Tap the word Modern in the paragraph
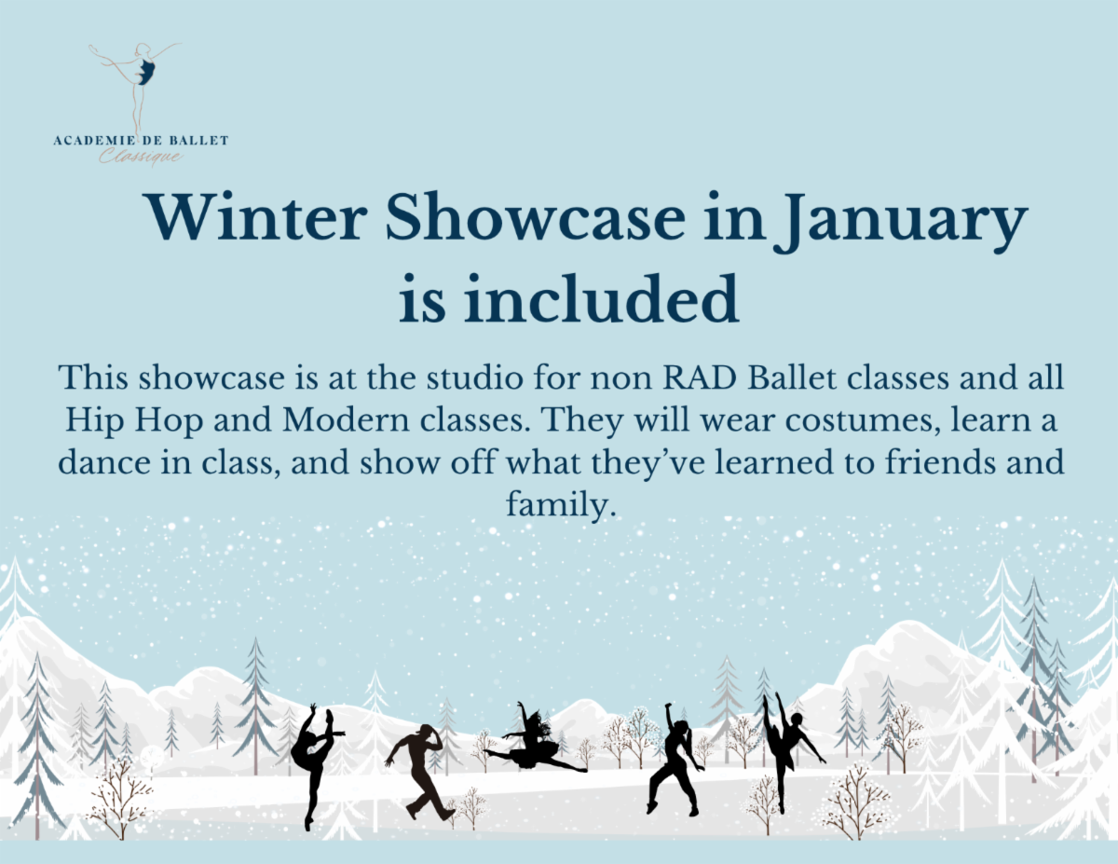tap(346, 420)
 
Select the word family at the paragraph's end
tap(561, 505)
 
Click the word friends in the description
tap(940, 461)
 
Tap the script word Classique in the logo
tap(141, 157)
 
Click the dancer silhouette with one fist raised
tap(674, 759)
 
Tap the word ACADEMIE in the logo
tap(94, 141)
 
